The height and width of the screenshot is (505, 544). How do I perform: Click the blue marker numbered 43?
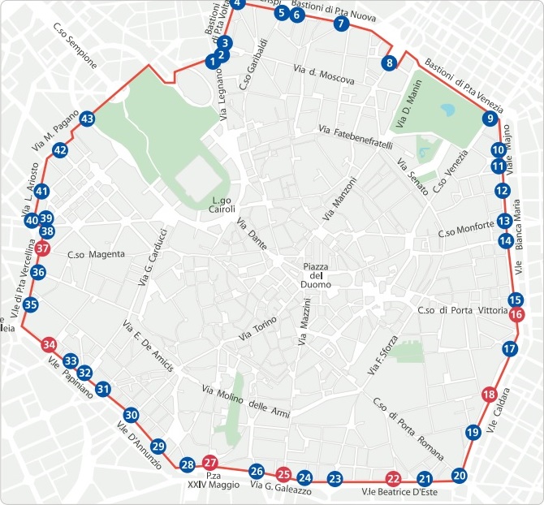pyautogui.click(x=87, y=119)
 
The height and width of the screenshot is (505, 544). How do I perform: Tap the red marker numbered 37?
pyautogui.click(x=43, y=249)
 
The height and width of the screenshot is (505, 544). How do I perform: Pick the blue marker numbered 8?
pyautogui.click(x=390, y=63)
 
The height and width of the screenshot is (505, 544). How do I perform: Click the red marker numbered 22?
pyautogui.click(x=394, y=478)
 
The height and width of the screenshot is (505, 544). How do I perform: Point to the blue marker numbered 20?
pyautogui.click(x=460, y=476)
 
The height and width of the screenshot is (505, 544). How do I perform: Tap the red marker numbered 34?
pyautogui.click(x=50, y=344)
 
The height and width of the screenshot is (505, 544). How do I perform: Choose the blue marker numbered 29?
pyautogui.click(x=158, y=446)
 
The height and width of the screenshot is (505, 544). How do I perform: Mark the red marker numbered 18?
pyautogui.click(x=488, y=395)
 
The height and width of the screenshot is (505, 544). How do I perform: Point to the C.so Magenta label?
pyautogui.click(x=97, y=254)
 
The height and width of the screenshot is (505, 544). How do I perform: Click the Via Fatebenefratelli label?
pyautogui.click(x=356, y=137)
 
